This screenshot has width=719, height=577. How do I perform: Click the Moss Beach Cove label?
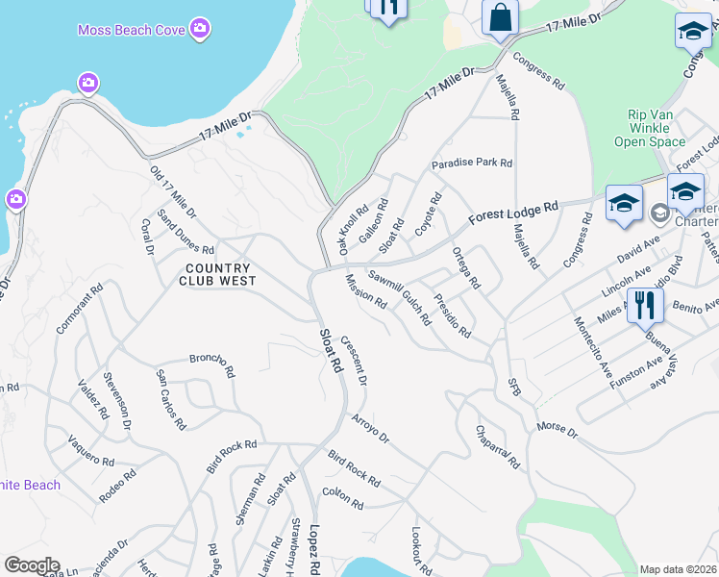click(x=131, y=31)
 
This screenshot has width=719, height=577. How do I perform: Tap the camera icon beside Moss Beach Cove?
click(x=200, y=28)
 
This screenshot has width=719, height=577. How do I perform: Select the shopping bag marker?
click(x=501, y=17)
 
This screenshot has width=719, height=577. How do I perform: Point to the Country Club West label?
click(x=218, y=275)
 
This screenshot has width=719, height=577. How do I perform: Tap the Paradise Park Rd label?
click(x=471, y=163)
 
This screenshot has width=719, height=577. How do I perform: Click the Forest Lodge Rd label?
click(x=513, y=213)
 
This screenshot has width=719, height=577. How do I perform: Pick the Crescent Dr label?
click(x=354, y=361)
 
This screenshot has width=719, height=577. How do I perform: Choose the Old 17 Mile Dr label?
click(x=173, y=191)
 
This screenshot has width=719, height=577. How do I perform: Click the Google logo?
click(x=32, y=565)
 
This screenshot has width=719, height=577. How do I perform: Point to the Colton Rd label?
click(x=342, y=498)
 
